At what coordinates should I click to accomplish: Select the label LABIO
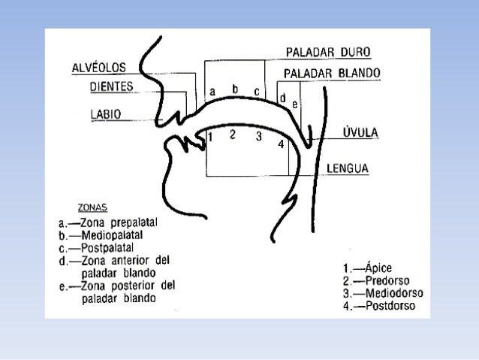107,114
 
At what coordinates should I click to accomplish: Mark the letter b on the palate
235,89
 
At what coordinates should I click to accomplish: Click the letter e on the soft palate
295,104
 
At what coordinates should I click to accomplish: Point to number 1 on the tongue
211,138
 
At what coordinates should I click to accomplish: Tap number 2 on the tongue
233,135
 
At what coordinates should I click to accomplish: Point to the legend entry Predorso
379,280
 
